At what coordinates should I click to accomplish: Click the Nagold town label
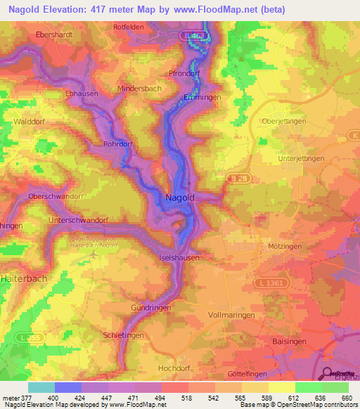[x=179, y=198]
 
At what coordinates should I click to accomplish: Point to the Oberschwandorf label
[x=55, y=196]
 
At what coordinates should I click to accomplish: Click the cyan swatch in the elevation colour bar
[x=41, y=387]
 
